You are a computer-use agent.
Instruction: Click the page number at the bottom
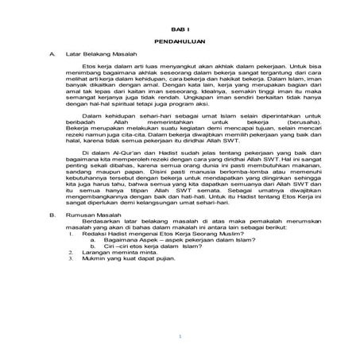(180, 338)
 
